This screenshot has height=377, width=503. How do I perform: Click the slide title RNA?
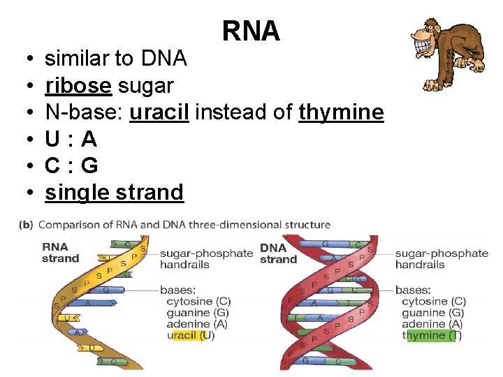(x=251, y=31)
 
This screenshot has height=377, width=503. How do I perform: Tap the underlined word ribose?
(x=78, y=86)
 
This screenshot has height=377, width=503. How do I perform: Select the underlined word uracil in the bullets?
(x=159, y=112)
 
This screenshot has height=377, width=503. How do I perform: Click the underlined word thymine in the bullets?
(x=341, y=112)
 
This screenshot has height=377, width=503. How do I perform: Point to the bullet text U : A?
(x=71, y=140)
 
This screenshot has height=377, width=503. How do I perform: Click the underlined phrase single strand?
(x=114, y=193)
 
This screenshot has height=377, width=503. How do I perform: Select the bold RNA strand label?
(x=61, y=253)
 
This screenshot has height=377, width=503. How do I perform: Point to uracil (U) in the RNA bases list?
(x=191, y=335)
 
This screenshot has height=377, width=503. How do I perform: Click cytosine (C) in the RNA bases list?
(x=198, y=302)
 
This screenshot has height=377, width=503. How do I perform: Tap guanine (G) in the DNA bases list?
(x=433, y=313)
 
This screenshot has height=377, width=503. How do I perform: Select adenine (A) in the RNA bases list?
(x=196, y=324)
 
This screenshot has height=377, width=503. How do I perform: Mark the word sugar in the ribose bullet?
(x=146, y=86)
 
